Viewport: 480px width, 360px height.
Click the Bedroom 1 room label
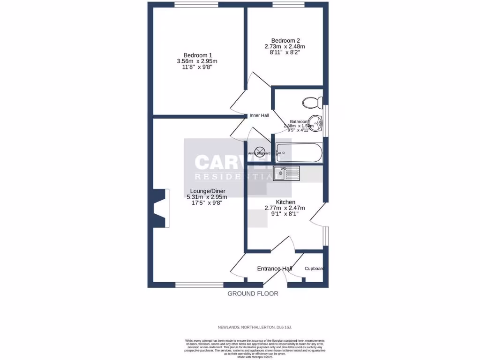[197, 55]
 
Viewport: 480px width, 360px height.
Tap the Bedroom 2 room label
[285, 40]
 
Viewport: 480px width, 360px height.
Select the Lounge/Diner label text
[208, 191]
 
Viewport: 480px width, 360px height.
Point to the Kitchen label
[285, 202]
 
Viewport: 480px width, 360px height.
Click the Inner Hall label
[259, 115]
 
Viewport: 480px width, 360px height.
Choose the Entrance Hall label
[275, 269]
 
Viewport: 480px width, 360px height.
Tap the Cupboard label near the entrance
[314, 269]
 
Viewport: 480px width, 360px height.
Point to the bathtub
[299, 151]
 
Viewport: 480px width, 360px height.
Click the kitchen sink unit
[286, 173]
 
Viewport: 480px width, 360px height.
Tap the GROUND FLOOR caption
[253, 293]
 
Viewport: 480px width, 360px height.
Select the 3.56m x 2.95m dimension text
[197, 61]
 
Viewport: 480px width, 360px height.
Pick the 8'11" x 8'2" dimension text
[285, 52]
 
